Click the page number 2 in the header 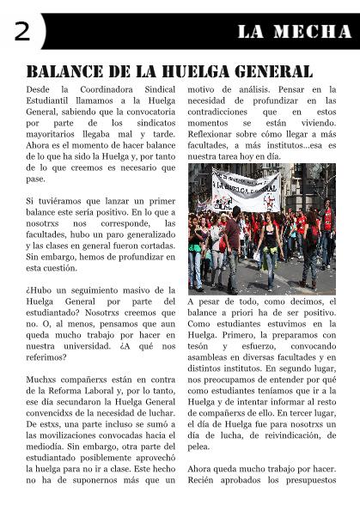[21, 32]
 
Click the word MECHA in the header [314, 32]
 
